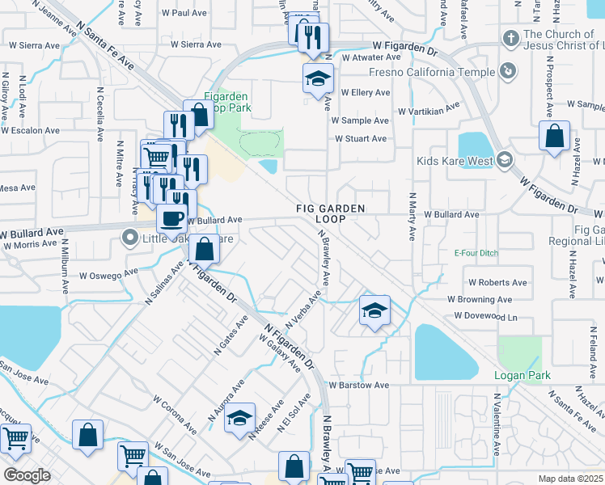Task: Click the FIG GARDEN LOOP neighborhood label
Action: click(x=331, y=213)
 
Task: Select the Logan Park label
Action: click(x=522, y=375)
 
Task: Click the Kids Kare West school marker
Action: click(x=505, y=160)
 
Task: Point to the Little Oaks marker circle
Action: click(x=129, y=238)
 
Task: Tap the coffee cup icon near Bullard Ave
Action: click(x=171, y=217)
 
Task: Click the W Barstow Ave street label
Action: click(x=359, y=386)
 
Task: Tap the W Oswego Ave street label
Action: click(x=109, y=275)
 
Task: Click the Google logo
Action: click(x=27, y=475)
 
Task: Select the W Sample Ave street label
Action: click(x=362, y=120)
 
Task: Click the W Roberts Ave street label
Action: click(x=497, y=283)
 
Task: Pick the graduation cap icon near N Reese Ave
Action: click(x=239, y=418)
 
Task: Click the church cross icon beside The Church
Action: click(x=510, y=38)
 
